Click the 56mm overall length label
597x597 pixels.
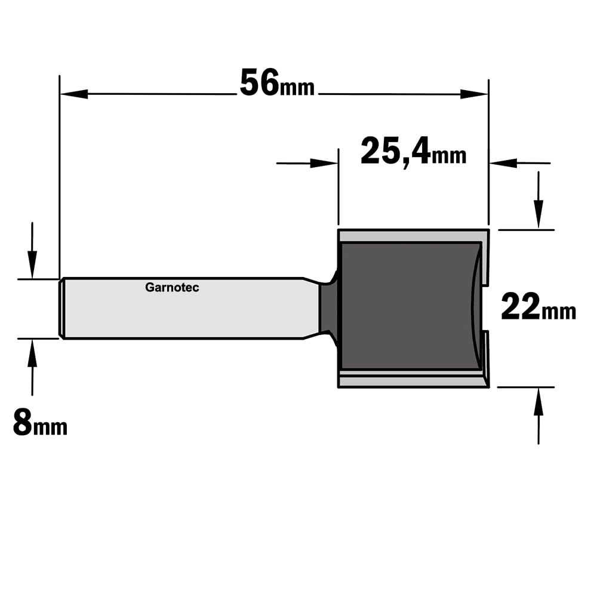point(277,83)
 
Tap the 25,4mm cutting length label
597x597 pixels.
point(414,152)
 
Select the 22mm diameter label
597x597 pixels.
point(538,306)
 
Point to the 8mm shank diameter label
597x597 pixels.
point(40,422)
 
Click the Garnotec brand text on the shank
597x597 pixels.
point(172,288)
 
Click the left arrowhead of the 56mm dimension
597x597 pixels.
point(74,94)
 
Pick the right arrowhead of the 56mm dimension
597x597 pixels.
point(474,94)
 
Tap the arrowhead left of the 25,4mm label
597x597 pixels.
point(324,164)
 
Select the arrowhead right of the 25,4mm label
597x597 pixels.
point(503,163)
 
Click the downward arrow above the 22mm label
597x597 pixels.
point(538,200)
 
